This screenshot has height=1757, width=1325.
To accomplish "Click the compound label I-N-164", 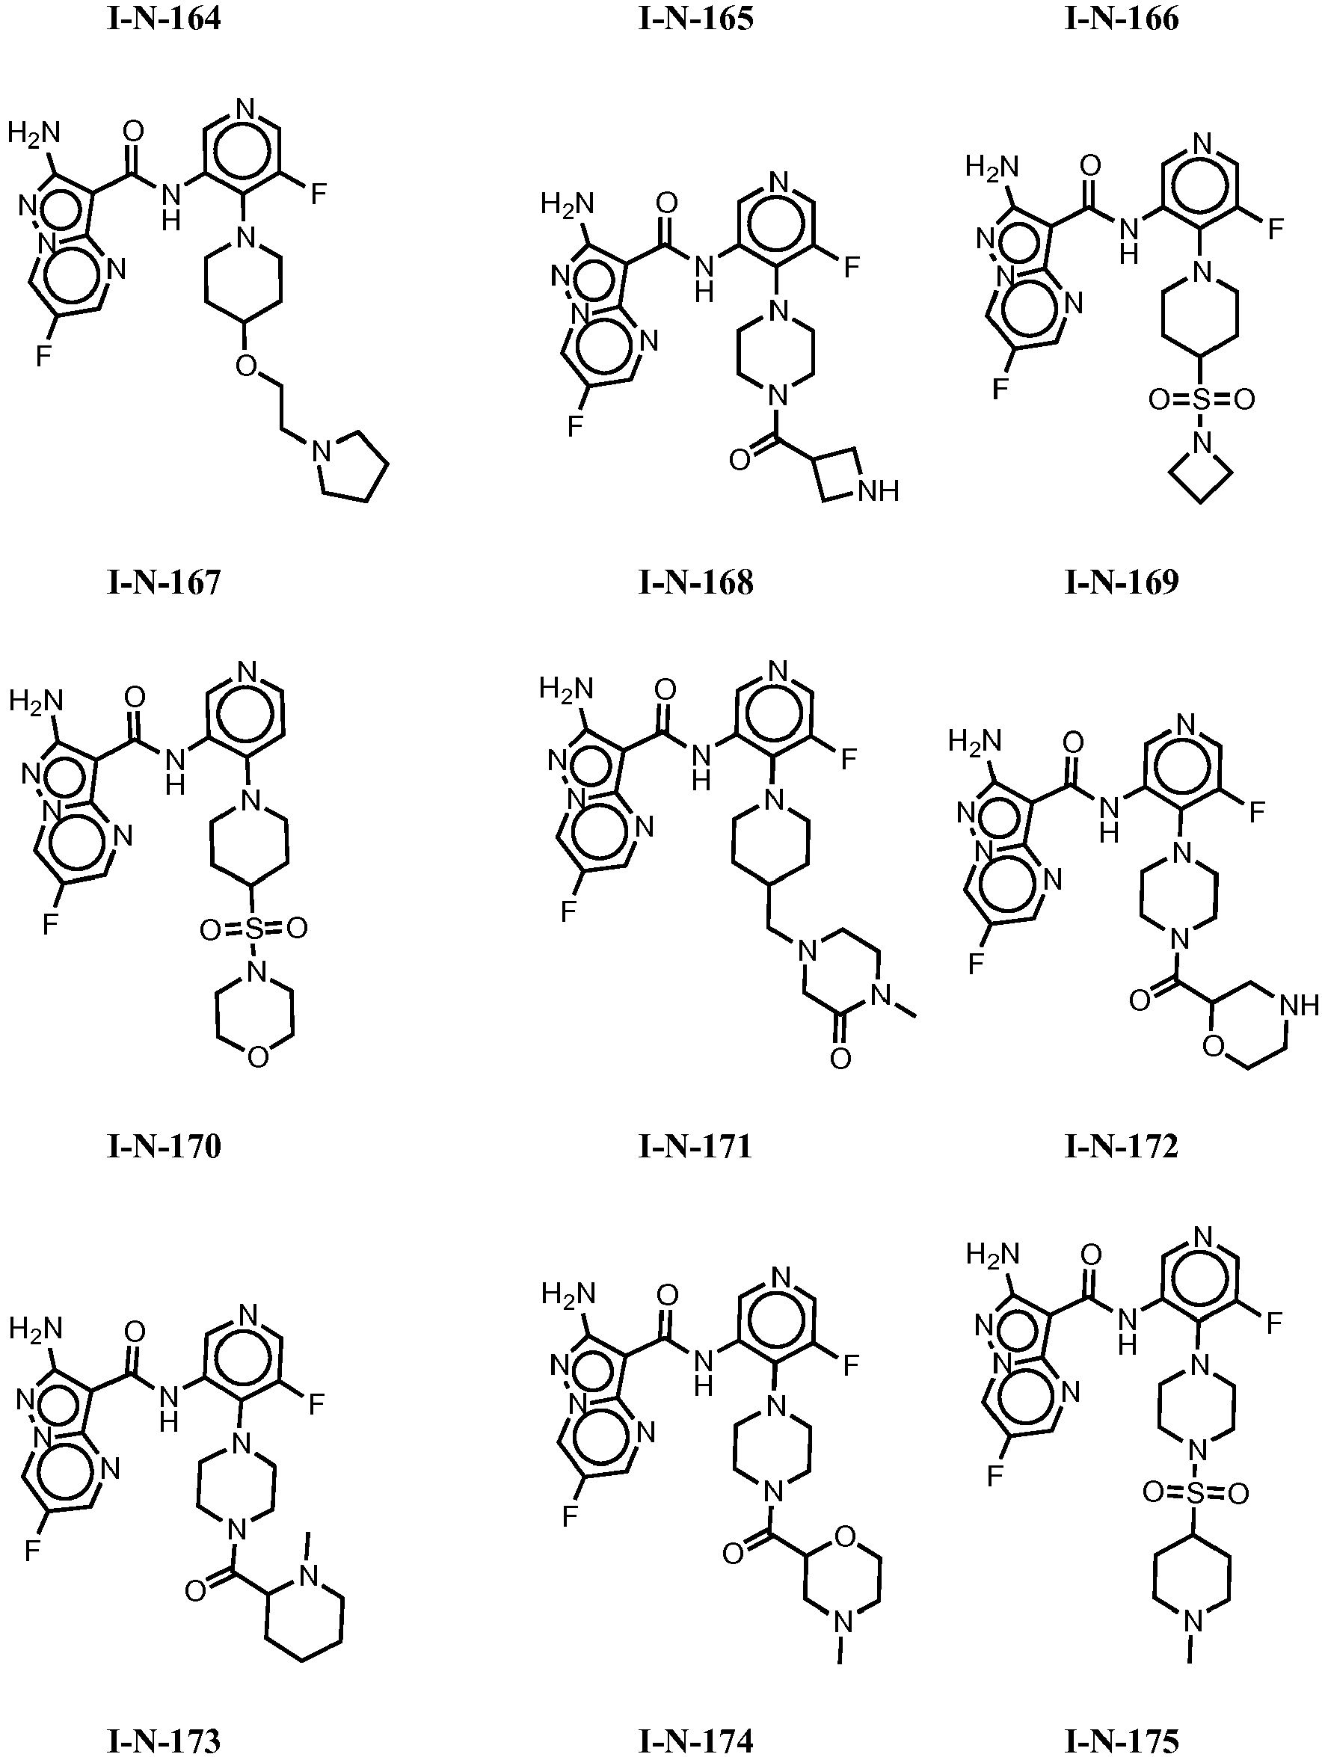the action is click(x=164, y=18).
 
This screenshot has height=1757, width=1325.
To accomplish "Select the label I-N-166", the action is click(x=1122, y=18).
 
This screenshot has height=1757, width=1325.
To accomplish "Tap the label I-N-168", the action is click(x=696, y=582).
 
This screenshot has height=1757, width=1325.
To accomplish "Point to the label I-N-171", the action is click(x=696, y=1146).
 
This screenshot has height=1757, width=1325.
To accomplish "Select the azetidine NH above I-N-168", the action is click(x=879, y=490).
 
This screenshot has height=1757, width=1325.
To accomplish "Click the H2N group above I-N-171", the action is click(x=566, y=687).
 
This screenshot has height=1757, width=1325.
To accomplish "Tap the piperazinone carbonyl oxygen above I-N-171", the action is click(x=841, y=1058).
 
